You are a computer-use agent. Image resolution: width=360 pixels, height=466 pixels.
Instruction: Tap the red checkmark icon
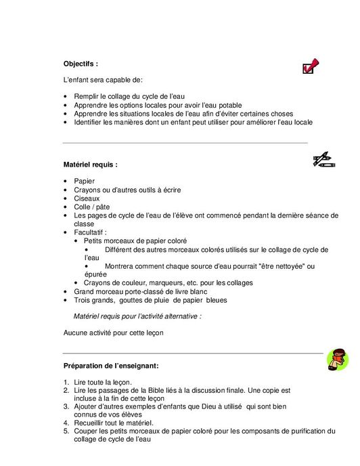(x=311, y=66)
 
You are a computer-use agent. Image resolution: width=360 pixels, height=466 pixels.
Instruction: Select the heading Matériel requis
(x=90, y=164)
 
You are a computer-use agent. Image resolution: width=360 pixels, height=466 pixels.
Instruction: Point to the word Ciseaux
(x=87, y=198)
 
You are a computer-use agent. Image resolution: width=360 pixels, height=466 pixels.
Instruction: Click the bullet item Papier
(x=85, y=181)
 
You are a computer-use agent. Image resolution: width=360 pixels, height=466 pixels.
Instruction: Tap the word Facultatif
(x=90, y=232)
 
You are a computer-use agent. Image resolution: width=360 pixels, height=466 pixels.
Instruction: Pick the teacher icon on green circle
(x=337, y=359)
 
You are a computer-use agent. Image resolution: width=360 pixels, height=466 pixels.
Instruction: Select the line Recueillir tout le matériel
(x=114, y=423)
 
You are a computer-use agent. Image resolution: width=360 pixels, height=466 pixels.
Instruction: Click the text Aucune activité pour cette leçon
(x=113, y=333)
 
